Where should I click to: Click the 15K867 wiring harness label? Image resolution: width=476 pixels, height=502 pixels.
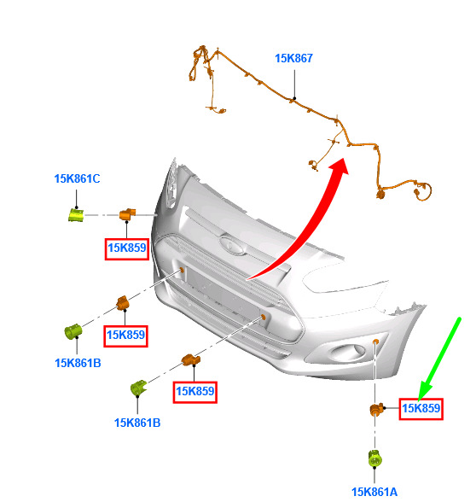(293, 58)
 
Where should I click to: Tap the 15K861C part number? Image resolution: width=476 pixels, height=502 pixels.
(77, 178)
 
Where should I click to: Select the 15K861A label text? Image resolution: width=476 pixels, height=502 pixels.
(374, 492)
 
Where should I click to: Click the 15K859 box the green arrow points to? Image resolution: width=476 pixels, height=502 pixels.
(421, 408)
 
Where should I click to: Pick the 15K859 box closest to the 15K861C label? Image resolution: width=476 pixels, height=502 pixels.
(126, 248)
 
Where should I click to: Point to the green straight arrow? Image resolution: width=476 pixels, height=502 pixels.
(439, 359)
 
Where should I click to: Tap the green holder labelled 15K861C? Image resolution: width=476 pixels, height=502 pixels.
(76, 215)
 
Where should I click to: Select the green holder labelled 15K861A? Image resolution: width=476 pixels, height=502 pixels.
(374, 458)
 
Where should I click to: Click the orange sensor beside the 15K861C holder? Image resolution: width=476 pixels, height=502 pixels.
(127, 213)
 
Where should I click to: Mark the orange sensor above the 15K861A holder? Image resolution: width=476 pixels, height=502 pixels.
(376, 409)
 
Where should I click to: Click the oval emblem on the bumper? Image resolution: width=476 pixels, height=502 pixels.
(233, 244)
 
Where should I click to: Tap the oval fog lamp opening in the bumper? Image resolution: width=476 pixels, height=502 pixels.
(347, 353)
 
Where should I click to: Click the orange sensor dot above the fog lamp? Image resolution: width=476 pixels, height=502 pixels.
(375, 341)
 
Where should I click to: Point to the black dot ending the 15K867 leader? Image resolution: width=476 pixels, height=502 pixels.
(294, 98)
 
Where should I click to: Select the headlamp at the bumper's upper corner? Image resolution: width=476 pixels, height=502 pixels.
(171, 184)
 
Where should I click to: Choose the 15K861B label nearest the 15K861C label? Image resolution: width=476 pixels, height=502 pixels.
(78, 363)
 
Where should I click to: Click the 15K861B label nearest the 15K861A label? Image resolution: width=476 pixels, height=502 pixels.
(137, 423)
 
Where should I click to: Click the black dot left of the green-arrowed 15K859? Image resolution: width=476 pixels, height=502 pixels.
(385, 408)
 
